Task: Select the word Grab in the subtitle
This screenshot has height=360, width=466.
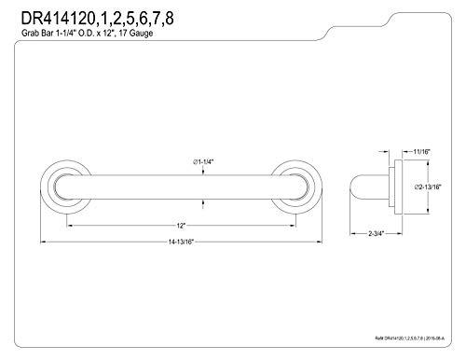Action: coord(30,37)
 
